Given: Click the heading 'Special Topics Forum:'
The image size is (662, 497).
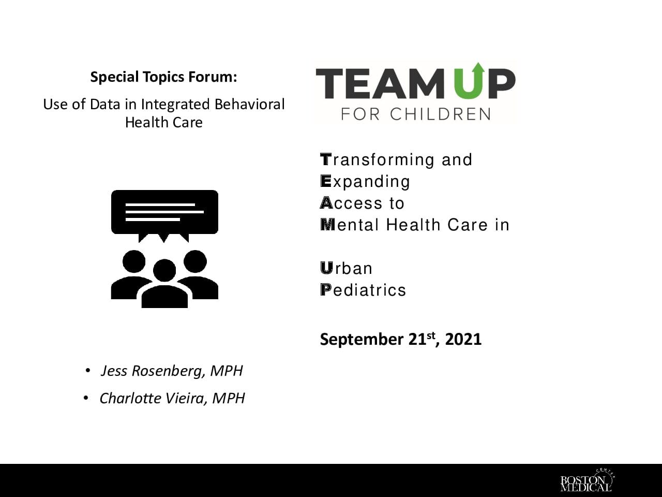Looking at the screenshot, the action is coord(164,77).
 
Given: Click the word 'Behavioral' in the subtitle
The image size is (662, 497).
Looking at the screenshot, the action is coord(250,105).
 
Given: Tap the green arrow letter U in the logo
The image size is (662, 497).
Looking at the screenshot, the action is coord(469,81).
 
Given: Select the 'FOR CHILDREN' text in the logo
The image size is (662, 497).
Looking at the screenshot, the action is coord(416,114).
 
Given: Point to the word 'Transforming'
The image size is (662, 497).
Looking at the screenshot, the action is coord(378,160).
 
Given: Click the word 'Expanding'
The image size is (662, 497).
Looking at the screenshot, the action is coord(365,182).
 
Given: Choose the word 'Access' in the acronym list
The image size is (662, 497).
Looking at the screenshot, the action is coord(351,203).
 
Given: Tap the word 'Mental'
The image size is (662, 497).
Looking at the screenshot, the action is coord(350,225).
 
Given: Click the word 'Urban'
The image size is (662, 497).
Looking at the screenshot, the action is coord(346,268).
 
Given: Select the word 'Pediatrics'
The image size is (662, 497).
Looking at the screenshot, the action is coord(363,290).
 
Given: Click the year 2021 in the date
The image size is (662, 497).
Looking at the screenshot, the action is coord(463,340).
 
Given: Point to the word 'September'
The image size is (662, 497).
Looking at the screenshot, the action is coord(362,340).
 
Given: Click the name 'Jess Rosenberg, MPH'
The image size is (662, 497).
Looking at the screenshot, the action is coord(172,371).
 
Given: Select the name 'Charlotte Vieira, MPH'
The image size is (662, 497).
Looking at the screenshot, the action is coord(172,398).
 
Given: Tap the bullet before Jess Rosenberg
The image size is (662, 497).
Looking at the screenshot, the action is coord(88,371).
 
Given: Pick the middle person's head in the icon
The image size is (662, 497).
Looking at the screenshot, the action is coord(164,270).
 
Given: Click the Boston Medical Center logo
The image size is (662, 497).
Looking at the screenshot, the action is coord(586,480).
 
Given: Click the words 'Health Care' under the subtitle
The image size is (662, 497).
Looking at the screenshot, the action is coord(164,123).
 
